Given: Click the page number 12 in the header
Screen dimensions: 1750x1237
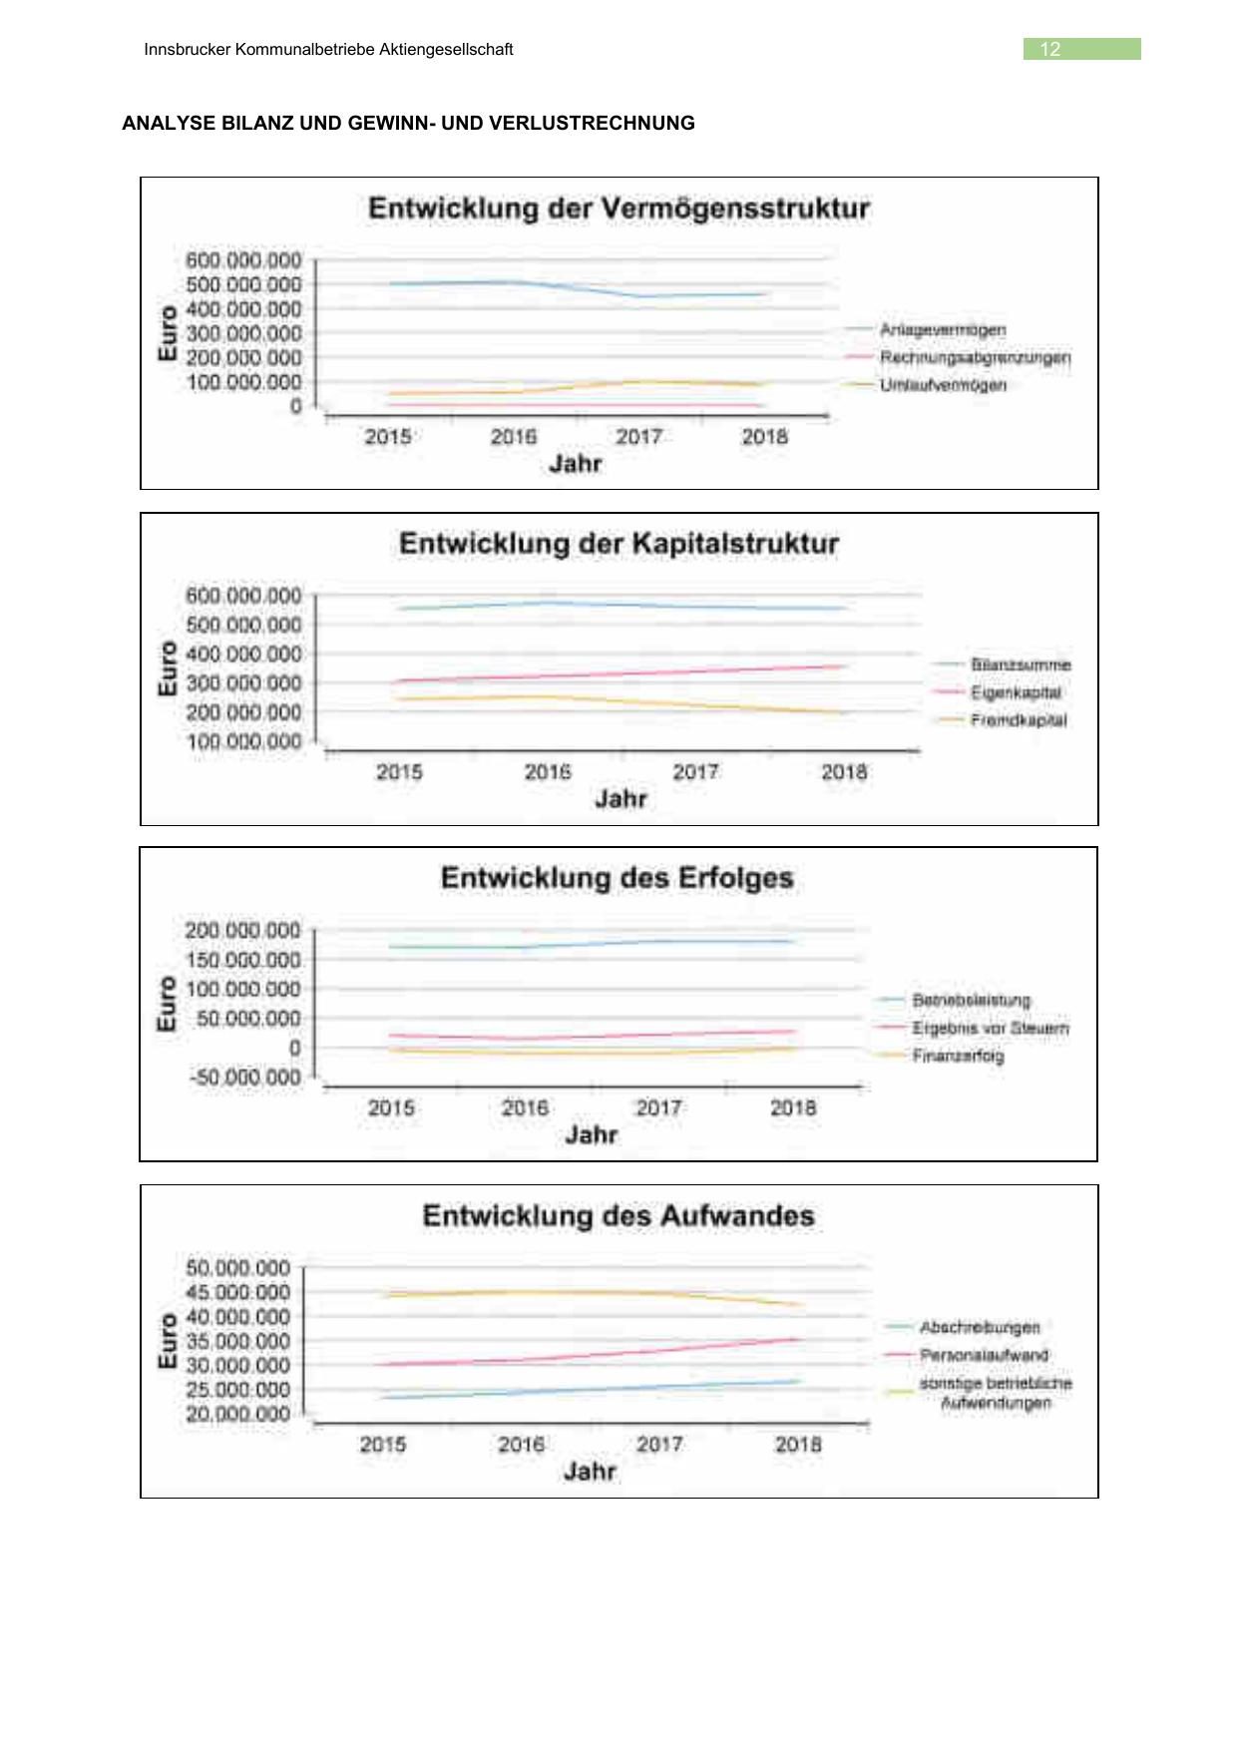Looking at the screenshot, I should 1050,50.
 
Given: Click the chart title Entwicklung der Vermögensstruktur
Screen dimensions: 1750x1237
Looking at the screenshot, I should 618,209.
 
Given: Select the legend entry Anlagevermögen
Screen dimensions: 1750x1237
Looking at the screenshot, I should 943,330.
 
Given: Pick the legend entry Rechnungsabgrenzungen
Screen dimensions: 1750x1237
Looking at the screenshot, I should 975,357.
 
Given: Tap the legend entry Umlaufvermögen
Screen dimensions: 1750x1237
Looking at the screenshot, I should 943,385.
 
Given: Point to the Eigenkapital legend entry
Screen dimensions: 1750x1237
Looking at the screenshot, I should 1016,692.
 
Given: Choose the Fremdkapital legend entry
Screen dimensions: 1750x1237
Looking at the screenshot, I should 1018,720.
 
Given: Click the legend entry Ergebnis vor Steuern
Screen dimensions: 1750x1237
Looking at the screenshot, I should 990,1029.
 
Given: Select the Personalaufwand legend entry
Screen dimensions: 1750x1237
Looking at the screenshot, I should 984,1355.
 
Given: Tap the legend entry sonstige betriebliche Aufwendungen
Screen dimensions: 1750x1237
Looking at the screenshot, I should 995,1393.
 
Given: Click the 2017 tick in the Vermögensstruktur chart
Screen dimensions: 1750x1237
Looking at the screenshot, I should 638,437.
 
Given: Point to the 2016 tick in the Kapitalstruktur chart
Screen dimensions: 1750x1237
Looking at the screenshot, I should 548,772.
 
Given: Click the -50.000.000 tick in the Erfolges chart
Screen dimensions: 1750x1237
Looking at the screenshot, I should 244,1078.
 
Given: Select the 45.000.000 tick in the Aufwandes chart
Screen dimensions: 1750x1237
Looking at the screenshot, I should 238,1292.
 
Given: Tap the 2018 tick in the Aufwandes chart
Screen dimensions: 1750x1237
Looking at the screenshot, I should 798,1445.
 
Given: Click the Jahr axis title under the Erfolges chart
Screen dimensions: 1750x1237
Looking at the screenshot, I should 591,1134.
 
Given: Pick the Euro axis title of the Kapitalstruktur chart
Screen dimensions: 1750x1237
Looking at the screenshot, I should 168,668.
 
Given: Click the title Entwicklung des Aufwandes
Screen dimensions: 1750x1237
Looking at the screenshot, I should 618,1216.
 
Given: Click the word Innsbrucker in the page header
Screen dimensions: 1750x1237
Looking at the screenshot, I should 188,50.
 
